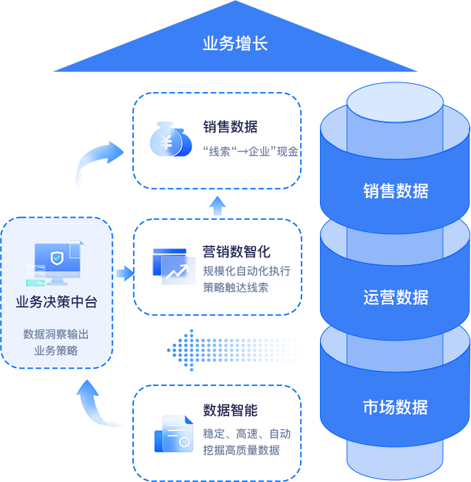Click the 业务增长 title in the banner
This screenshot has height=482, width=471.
[x=235, y=44]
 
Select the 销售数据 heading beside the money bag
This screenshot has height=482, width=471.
[x=230, y=127]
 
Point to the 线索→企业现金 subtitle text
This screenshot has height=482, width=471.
[x=251, y=151]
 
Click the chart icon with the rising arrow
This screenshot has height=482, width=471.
[x=174, y=266]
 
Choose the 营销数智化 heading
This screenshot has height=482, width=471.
[x=236, y=252]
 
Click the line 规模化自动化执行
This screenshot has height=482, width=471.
[x=246, y=271]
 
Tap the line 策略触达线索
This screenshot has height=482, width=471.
[x=235, y=286]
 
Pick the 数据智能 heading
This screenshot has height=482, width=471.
[x=230, y=411]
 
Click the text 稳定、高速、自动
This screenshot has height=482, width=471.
[x=246, y=434]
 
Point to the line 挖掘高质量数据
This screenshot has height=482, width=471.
[x=241, y=450]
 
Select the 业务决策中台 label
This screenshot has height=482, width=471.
[x=56, y=302]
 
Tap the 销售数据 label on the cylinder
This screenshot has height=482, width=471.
[x=395, y=191]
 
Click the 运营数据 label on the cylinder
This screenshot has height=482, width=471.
[x=395, y=297]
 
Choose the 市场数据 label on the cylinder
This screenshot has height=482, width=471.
[x=395, y=407]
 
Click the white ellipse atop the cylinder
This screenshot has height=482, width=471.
[x=395, y=102]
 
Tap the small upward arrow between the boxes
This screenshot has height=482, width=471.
[x=216, y=205]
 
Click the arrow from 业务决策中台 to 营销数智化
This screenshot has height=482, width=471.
[x=124, y=273]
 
